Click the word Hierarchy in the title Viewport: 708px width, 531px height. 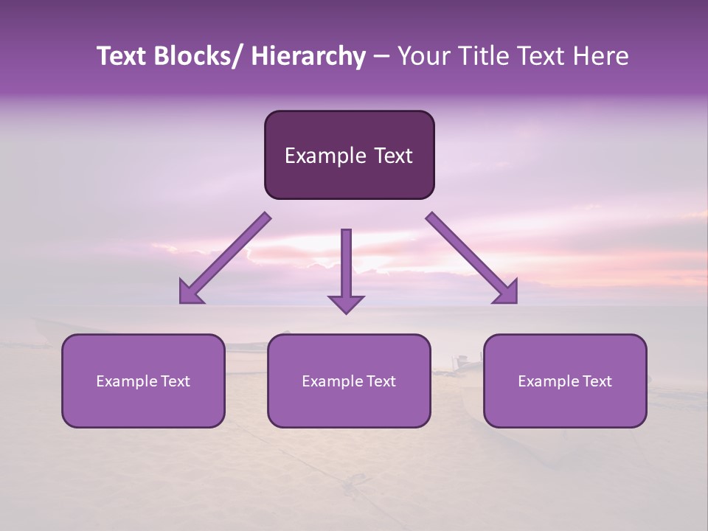(x=308, y=57)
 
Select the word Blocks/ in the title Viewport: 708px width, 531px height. (x=198, y=57)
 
